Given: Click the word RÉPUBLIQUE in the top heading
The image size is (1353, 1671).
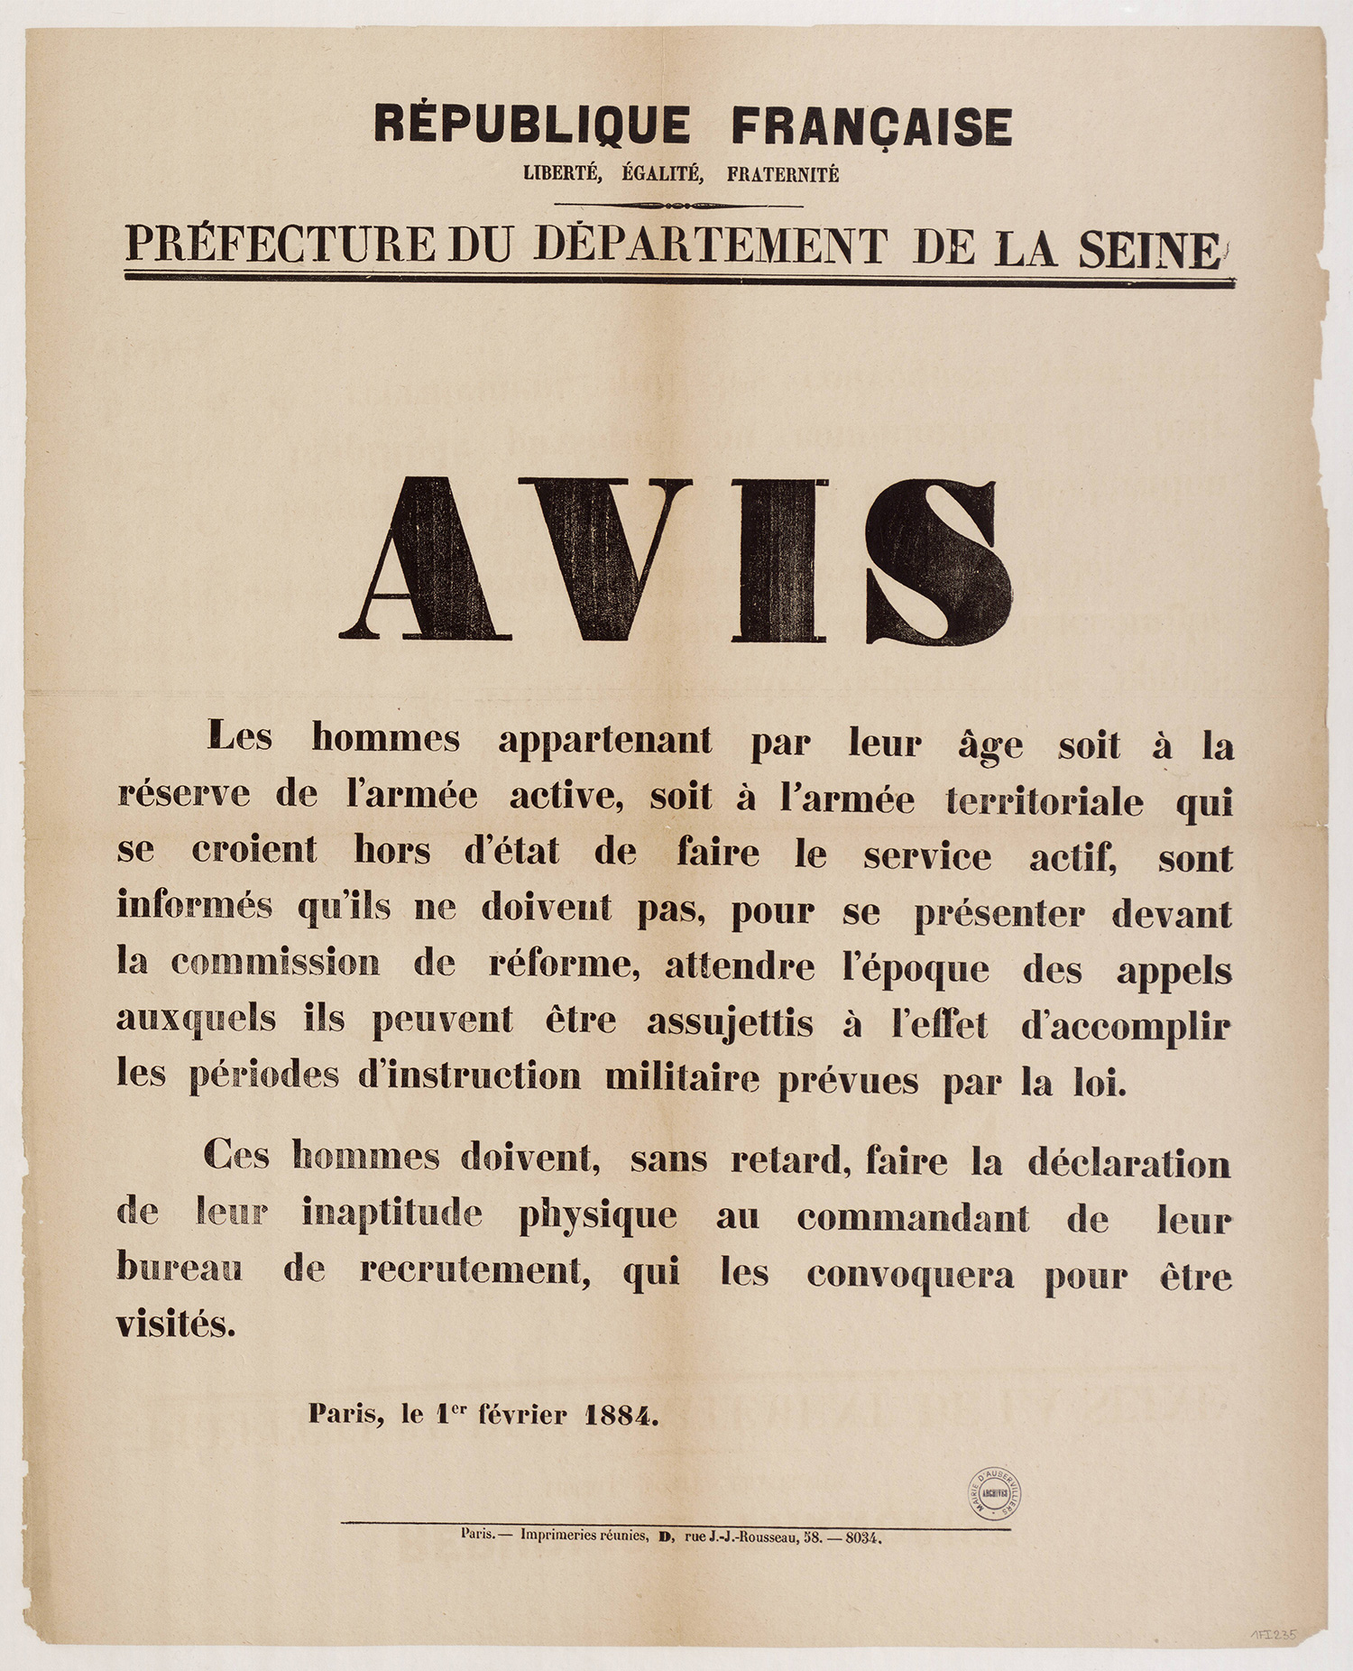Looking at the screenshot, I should [532, 125].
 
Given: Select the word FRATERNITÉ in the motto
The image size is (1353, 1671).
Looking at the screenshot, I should [782, 174].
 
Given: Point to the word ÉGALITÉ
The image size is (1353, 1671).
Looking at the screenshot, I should [662, 174].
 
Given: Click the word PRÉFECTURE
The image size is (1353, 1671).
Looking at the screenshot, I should [280, 245].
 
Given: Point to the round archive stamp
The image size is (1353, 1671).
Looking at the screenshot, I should [995, 1493].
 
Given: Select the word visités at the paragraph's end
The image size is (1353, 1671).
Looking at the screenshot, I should [175, 1324].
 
